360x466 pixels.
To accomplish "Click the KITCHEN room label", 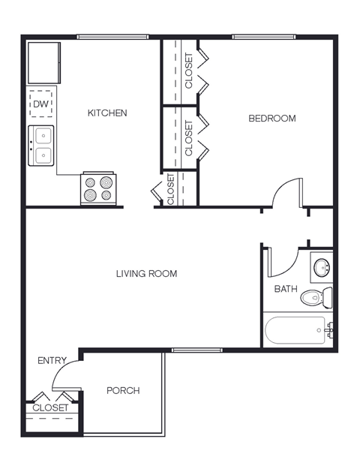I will pyautogui.click(x=107, y=113).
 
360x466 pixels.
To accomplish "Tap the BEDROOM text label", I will pyautogui.click(x=271, y=119).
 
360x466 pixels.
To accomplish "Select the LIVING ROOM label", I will pyautogui.click(x=146, y=274).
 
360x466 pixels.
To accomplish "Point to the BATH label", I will pyautogui.click(x=285, y=289).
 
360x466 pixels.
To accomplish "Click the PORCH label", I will pyautogui.click(x=123, y=391).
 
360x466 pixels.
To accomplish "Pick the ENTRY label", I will pyautogui.click(x=52, y=361).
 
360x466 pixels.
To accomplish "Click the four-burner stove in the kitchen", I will pyautogui.click(x=99, y=188).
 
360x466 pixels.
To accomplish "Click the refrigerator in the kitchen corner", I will pyautogui.click(x=44, y=62).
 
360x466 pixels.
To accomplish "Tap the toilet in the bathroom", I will pyautogui.click(x=318, y=298).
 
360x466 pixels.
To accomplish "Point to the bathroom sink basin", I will pyautogui.click(x=322, y=266).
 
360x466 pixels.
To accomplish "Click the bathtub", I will pyautogui.click(x=297, y=329).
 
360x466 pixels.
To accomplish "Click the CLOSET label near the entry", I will pyautogui.click(x=50, y=408).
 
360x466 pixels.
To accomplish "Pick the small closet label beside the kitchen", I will pyautogui.click(x=171, y=190).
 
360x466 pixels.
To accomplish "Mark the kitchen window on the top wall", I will pyautogui.click(x=112, y=37).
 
